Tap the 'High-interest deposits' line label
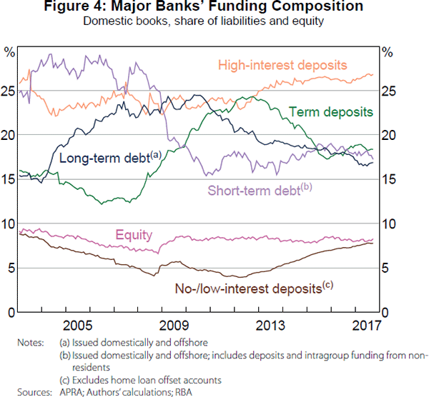click(x=282, y=64)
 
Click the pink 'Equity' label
click(x=133, y=236)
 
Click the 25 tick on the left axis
click(x=9, y=91)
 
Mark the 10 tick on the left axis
click(x=9, y=223)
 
